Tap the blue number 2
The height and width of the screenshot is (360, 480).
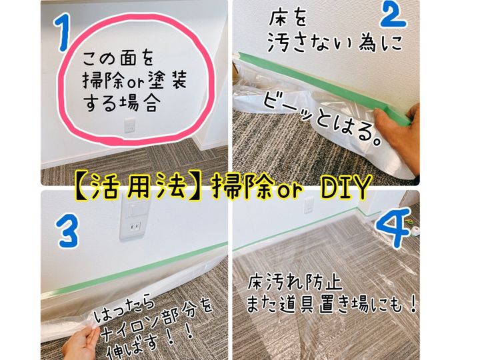pos(393,15)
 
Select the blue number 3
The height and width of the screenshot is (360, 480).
pos(68,231)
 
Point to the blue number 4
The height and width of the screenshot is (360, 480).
pos(395,227)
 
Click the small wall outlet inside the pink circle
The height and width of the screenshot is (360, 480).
pos(130,125)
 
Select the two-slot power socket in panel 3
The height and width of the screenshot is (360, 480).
pos(134,227)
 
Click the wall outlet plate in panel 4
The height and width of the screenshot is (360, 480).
pos(309,205)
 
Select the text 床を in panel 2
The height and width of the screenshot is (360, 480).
pos(288,18)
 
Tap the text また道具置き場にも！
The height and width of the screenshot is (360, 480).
pos(332,304)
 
